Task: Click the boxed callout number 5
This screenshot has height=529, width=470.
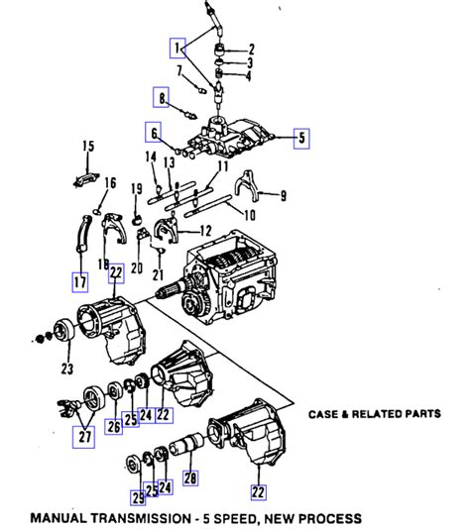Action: pyautogui.click(x=301, y=138)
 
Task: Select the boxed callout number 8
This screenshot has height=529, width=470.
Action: pyautogui.click(x=160, y=96)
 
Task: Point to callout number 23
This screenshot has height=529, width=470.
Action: pyautogui.click(x=67, y=370)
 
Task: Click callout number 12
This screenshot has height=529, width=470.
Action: pyautogui.click(x=205, y=230)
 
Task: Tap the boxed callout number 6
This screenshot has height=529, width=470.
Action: pyautogui.click(x=154, y=131)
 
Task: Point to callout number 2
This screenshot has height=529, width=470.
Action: pyautogui.click(x=251, y=49)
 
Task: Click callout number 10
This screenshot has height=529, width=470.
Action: pyautogui.click(x=249, y=215)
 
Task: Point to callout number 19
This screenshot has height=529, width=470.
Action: pyautogui.click(x=137, y=188)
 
